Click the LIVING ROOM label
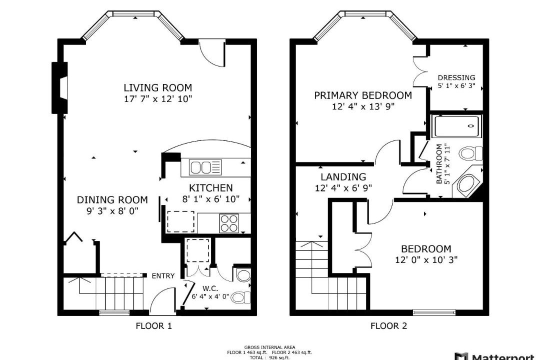coord(157,87)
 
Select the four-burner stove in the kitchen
coord(229,223)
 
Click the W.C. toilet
coord(240,297)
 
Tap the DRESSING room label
coord(456,77)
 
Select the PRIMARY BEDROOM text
coord(363,95)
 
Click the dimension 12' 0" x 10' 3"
coord(426,259)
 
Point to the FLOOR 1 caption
coord(153,325)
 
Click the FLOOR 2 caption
coord(388,325)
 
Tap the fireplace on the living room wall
coord(59,87)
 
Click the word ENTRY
coord(163,275)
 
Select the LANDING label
coord(343,176)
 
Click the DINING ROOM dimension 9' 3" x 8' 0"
coord(112,211)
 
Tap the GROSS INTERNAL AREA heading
coord(269,347)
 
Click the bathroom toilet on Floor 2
coord(471,153)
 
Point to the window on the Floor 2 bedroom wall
coord(434,312)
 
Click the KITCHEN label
coord(211,188)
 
